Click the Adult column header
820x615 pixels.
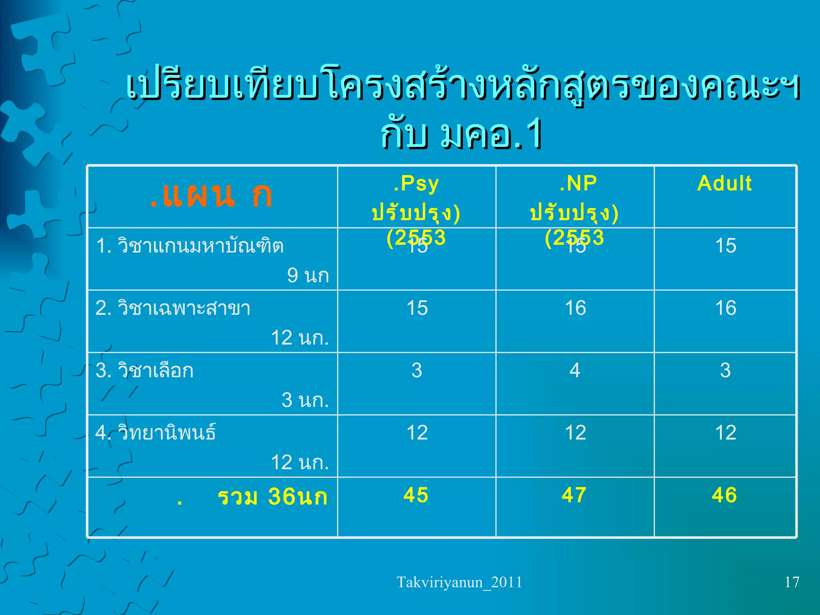pos(724,184)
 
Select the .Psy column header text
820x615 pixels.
pos(416,184)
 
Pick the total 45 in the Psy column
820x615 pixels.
pos(416,495)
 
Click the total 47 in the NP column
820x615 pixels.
pos(574,495)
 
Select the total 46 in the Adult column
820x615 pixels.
pos(724,495)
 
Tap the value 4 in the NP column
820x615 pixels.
pos(575,370)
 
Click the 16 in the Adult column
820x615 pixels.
pos(726,308)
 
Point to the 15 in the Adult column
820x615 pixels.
pos(726,246)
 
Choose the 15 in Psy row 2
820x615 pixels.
pos(417,308)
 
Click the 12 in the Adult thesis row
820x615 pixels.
pos(726,433)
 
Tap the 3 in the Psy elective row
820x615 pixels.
pos(417,370)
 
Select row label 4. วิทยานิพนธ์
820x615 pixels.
pos(156,433)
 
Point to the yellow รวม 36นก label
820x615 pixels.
pos(272,497)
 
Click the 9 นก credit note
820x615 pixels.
pos(308,275)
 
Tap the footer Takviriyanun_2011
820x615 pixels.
pos(459,582)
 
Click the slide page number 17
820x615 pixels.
pos(792,582)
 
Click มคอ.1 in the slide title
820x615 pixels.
pos(491,135)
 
